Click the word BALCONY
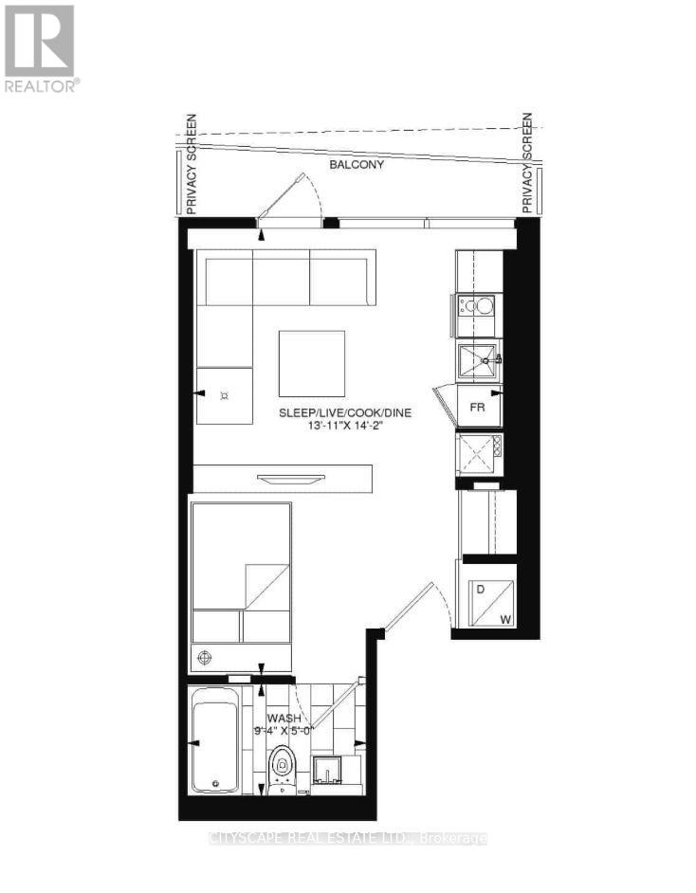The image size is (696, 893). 357,165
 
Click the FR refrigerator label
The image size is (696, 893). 479,408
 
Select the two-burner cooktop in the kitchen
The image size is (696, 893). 478,305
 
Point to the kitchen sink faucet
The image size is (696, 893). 492,359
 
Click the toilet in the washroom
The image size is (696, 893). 282,765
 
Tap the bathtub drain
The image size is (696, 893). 216,783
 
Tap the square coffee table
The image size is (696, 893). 312,363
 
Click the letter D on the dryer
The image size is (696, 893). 481,590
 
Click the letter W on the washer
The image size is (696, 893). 505,620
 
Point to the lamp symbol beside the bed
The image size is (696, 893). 202,656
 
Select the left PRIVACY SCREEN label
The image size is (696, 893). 191,162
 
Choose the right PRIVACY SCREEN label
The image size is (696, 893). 528,162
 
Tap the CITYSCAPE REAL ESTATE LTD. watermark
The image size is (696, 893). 347,838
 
